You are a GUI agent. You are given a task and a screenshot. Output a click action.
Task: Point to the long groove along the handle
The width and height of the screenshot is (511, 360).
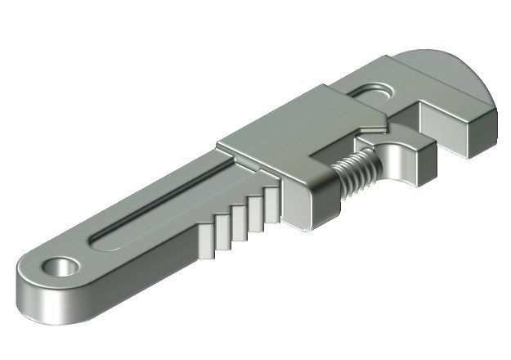164,202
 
